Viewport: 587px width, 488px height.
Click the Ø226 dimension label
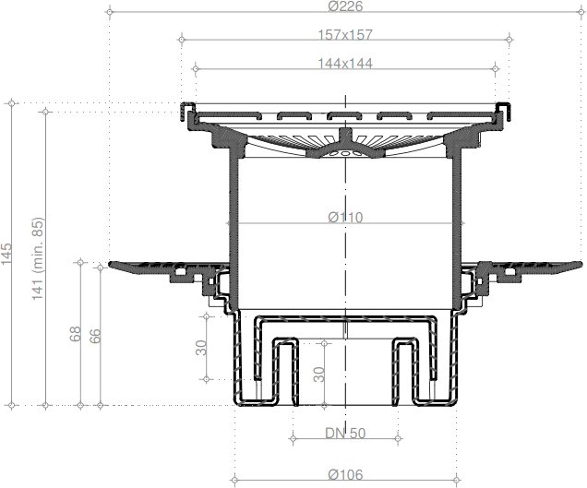point(345,6)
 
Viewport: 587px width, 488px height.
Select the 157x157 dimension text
point(345,35)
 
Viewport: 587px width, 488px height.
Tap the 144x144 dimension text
point(345,64)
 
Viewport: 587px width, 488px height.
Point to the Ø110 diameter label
point(345,217)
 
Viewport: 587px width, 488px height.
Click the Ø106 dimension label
point(345,474)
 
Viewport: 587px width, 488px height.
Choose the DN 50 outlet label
point(345,434)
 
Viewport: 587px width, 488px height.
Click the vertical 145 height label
point(6,254)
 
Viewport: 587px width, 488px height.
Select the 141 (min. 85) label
point(38,258)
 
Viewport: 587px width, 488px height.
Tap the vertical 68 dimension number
point(76,333)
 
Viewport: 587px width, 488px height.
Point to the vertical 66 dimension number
point(95,336)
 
